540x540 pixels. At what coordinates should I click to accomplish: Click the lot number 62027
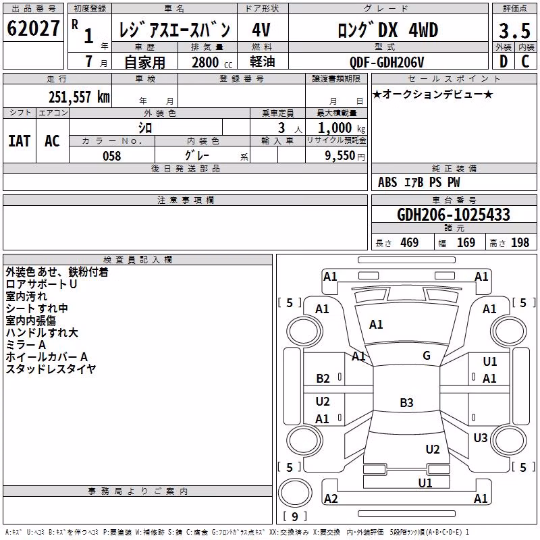tap(33, 28)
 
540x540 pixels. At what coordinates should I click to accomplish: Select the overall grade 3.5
tap(514, 31)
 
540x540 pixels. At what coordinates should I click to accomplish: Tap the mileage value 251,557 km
tap(79, 97)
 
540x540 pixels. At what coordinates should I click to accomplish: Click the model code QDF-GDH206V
tap(387, 62)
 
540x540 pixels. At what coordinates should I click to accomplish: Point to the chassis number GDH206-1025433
tap(454, 215)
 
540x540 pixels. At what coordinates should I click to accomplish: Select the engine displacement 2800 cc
tap(212, 62)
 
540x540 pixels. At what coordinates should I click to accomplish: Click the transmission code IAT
tap(20, 141)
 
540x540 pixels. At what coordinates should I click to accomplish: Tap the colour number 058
tap(111, 156)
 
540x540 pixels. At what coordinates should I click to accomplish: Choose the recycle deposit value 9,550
tap(340, 156)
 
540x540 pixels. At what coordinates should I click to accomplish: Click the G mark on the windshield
tap(427, 355)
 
